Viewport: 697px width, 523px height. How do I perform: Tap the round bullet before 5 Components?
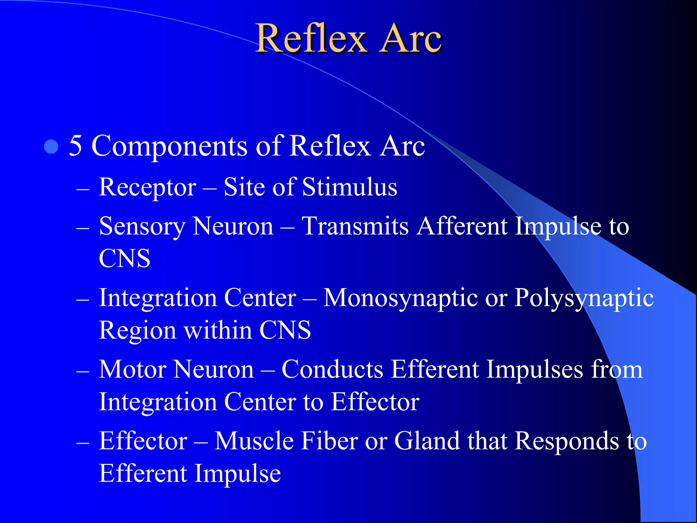click(x=51, y=147)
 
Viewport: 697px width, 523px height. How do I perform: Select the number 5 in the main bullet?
click(x=76, y=146)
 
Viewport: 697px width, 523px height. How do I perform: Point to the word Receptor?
click(x=147, y=188)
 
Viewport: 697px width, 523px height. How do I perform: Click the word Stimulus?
click(x=350, y=187)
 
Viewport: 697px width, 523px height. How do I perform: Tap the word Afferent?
click(x=462, y=226)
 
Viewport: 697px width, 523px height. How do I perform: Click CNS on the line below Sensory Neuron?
click(x=125, y=258)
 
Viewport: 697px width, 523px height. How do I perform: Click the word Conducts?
click(x=332, y=369)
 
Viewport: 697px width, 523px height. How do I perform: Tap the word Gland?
click(x=427, y=441)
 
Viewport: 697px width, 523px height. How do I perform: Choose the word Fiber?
click(x=329, y=441)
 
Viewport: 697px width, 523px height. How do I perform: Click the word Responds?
click(x=567, y=442)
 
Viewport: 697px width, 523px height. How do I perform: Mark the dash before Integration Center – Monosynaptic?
click(x=83, y=300)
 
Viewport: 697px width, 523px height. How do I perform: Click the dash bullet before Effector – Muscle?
click(x=83, y=443)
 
